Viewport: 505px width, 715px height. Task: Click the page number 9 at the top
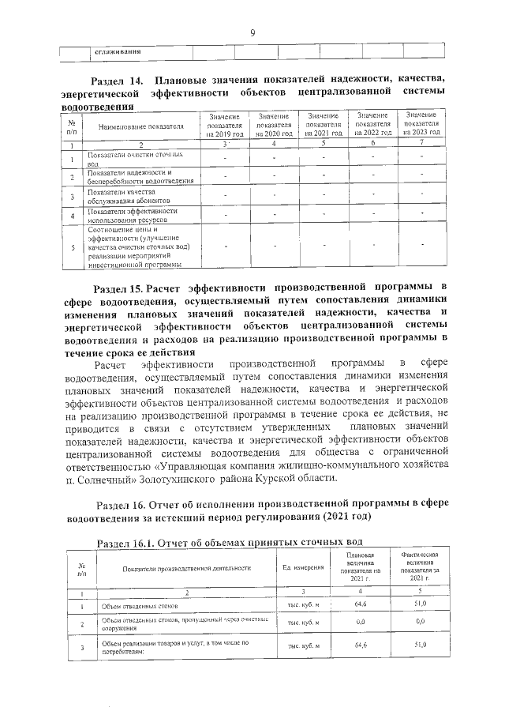[x=252, y=32]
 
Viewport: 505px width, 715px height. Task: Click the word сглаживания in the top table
[x=118, y=52]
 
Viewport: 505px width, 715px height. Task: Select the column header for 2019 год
[x=225, y=126]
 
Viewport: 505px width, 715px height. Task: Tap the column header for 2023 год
[x=423, y=124]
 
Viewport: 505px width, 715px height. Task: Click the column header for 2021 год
[x=324, y=125]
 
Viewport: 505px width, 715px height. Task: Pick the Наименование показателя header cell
[x=141, y=126]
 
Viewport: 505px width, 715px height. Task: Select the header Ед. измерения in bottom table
[x=304, y=567]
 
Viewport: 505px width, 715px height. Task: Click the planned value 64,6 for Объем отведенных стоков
[x=362, y=604]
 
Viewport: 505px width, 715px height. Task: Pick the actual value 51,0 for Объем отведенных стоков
[x=420, y=604]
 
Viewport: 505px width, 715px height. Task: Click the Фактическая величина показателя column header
[x=420, y=567]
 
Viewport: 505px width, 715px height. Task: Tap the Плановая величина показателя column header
[x=361, y=567]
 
